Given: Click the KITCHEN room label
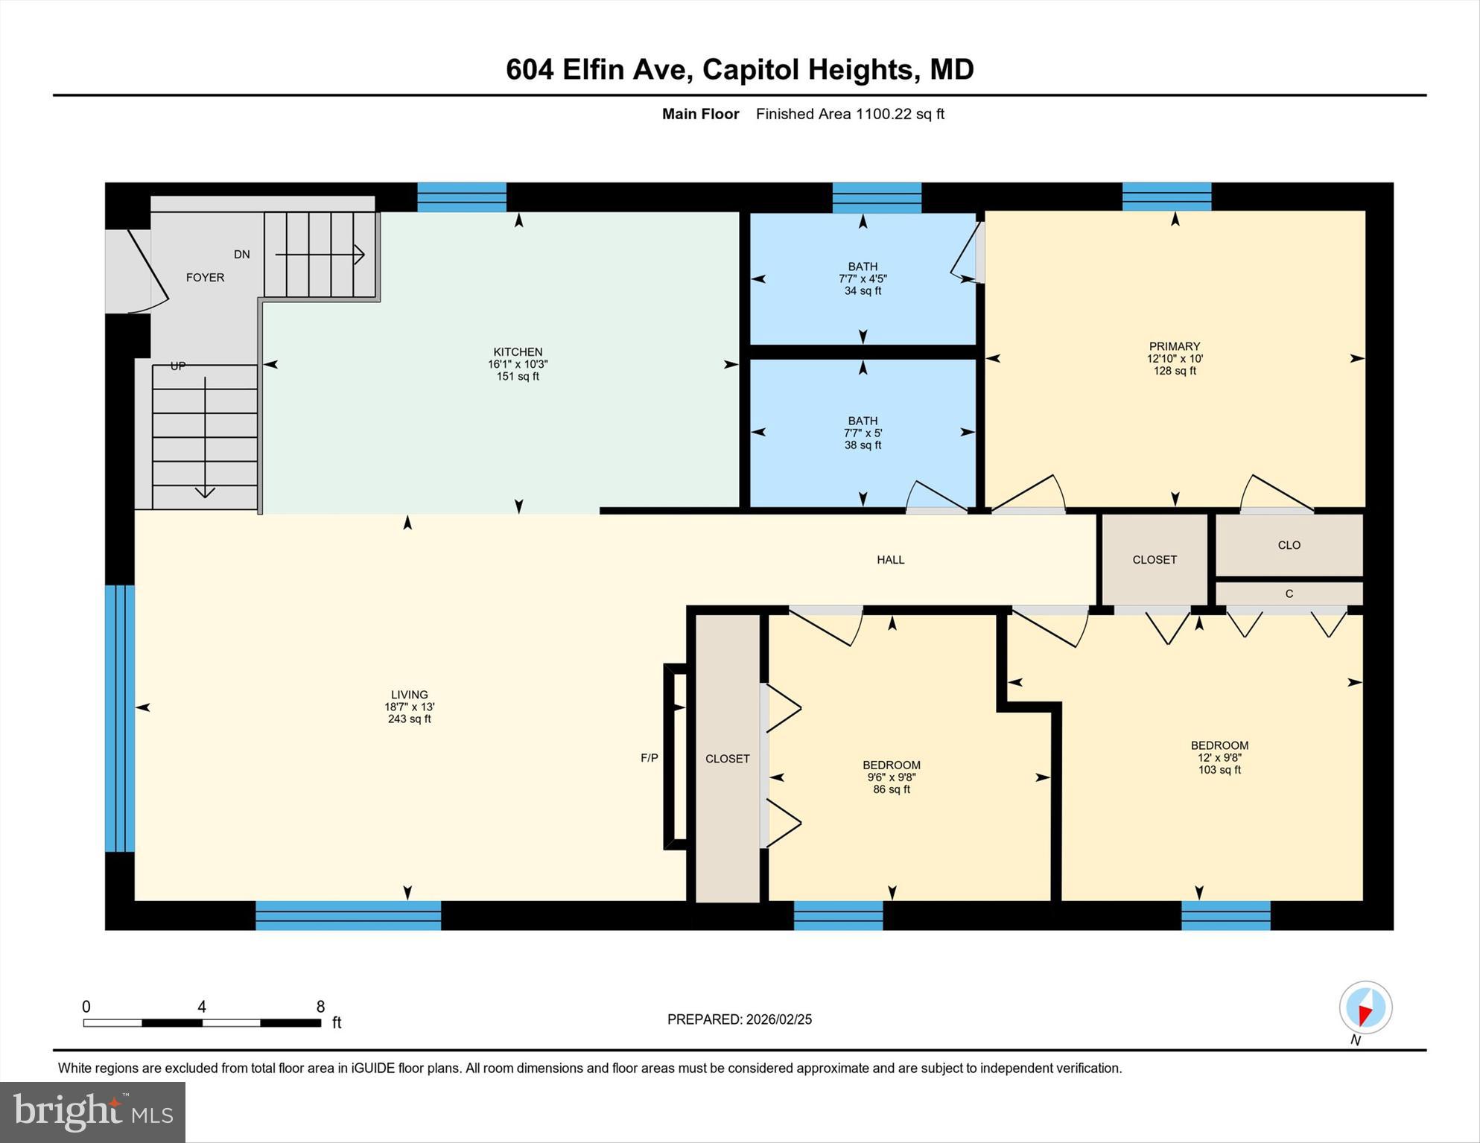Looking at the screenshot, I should (x=518, y=352).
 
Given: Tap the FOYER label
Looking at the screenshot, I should (x=205, y=277).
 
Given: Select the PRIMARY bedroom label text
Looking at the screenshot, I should (x=1175, y=346).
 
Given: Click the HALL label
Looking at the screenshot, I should (x=890, y=560).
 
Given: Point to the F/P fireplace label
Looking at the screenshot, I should (x=650, y=758).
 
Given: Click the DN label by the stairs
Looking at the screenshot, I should (x=242, y=255).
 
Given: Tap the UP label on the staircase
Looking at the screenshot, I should (x=178, y=366).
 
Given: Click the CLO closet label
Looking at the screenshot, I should (x=1289, y=545).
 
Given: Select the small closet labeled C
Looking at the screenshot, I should (x=1289, y=593).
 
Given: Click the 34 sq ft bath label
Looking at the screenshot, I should (x=863, y=278).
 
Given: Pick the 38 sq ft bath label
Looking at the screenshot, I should (x=863, y=433).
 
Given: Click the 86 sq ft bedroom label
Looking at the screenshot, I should (x=892, y=777).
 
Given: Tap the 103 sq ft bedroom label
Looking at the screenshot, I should (x=1219, y=757).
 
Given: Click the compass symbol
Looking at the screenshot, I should (x=1365, y=1007).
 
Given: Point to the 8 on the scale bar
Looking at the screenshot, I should (x=320, y=1007).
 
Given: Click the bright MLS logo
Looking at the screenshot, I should (x=92, y=1112).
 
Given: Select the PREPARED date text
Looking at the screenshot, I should (x=739, y=1019).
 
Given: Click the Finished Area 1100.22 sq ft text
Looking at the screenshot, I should (x=850, y=114).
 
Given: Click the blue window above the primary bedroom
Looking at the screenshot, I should (x=1166, y=197).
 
